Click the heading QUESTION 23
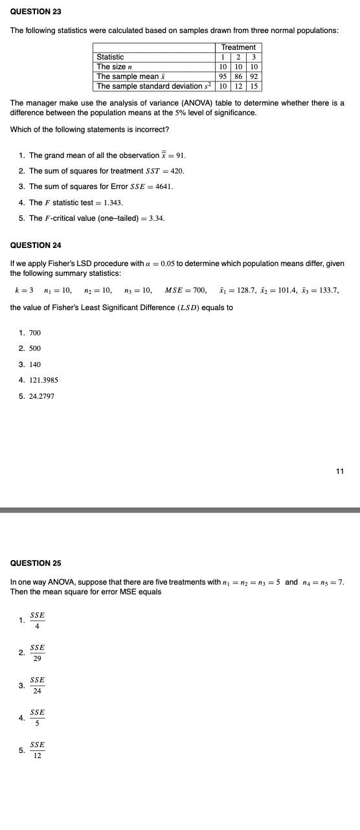(31, 12)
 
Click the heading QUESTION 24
(31, 245)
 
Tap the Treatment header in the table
(238, 47)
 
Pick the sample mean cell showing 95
(222, 76)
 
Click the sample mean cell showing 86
(238, 76)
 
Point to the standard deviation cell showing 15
(254, 86)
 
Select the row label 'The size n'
(115, 67)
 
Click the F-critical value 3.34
(156, 218)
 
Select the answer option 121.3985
(45, 380)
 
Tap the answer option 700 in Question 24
(35, 333)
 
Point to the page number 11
(340, 471)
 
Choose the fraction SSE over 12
(38, 750)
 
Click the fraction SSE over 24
(38, 685)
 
